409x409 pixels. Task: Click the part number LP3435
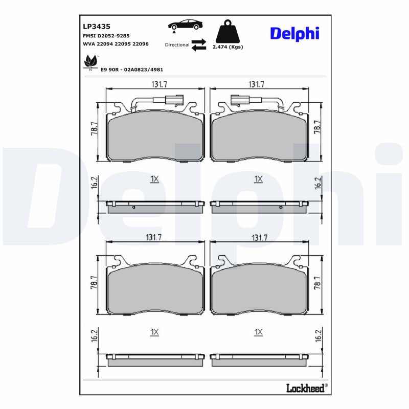[97, 26]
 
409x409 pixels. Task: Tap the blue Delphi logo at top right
[294, 33]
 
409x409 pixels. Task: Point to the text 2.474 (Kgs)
[227, 47]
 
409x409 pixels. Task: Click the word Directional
[177, 45]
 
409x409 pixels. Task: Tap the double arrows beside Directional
[199, 44]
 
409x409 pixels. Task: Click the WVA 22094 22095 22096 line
[116, 44]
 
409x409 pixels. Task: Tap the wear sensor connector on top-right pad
[238, 99]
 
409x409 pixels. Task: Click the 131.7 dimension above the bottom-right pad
[259, 238]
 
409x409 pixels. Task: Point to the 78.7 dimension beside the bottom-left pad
[94, 283]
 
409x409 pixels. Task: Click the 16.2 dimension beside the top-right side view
[318, 183]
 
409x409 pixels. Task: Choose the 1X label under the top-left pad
[155, 179]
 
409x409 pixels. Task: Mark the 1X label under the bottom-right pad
[258, 332]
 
